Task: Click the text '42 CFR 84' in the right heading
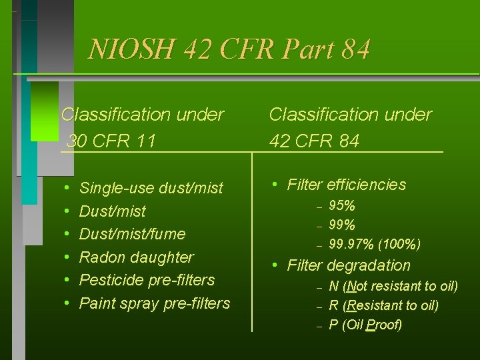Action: click(314, 141)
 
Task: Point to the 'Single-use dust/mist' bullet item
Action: click(151, 189)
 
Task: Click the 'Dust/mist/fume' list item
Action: click(132, 234)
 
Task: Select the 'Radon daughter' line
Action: click(137, 257)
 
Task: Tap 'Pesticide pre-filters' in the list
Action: click(147, 280)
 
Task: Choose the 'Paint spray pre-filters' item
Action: click(155, 303)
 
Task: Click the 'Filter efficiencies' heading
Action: click(346, 185)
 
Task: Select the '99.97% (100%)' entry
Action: click(375, 245)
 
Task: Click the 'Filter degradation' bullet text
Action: click(349, 265)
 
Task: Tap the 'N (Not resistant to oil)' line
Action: click(393, 287)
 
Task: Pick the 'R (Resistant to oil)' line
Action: click(383, 306)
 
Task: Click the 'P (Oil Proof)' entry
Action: click(365, 325)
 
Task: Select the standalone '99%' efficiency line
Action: click(342, 225)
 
